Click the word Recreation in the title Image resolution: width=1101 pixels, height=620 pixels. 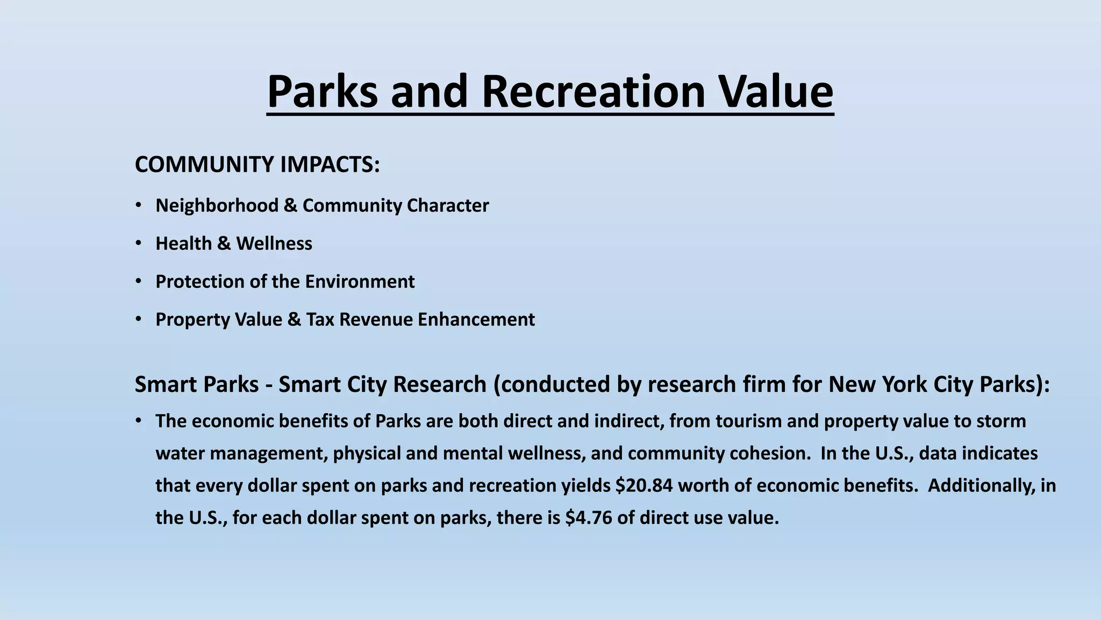pos(593,91)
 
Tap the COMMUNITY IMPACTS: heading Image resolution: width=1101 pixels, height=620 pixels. pos(257,164)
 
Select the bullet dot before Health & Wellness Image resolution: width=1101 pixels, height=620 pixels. pos(139,243)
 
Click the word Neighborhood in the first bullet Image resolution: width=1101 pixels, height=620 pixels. pos(217,206)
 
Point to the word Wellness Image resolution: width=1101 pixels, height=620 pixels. pos(274,244)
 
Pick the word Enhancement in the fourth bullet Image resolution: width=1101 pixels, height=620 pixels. pos(476,320)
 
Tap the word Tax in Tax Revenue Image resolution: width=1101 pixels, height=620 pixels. pos(320,320)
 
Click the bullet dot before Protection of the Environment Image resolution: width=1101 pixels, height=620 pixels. pos(139,281)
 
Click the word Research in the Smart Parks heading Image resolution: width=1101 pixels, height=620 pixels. pos(439,385)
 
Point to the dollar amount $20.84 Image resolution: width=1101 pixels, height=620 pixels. pos(644,485)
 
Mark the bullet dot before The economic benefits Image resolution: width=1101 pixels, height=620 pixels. pos(139,421)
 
